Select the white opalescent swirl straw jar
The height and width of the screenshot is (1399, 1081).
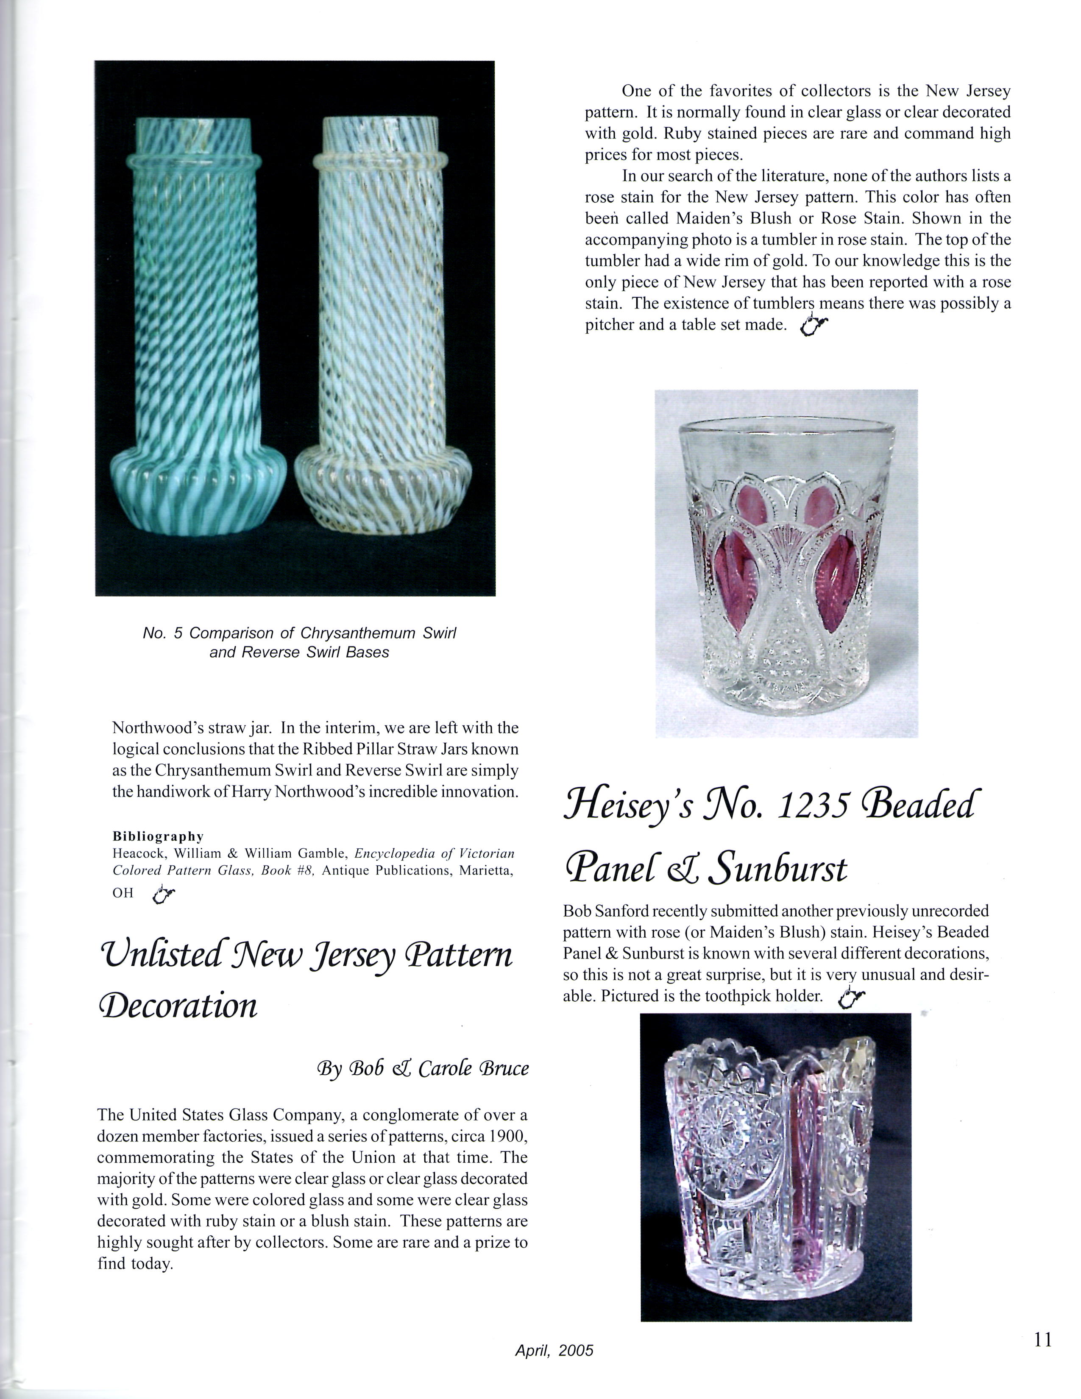[383, 327]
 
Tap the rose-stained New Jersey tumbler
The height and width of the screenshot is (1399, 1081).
[786, 564]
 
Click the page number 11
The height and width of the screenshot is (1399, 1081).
[1042, 1339]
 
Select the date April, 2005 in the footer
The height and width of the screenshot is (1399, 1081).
[554, 1350]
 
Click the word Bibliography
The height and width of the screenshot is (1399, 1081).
[158, 836]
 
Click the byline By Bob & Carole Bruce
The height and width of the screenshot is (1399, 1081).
[423, 1068]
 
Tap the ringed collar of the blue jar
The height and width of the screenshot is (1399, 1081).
[193, 160]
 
